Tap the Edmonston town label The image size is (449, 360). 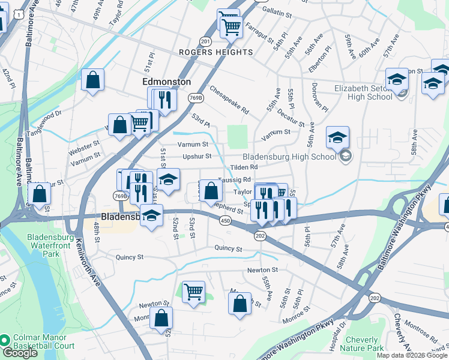point(166,81)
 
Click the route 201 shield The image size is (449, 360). point(206,41)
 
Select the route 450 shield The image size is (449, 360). point(225,221)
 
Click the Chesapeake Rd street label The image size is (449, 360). point(229,100)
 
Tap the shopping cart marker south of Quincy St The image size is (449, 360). point(193,292)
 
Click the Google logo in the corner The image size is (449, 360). point(20,353)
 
